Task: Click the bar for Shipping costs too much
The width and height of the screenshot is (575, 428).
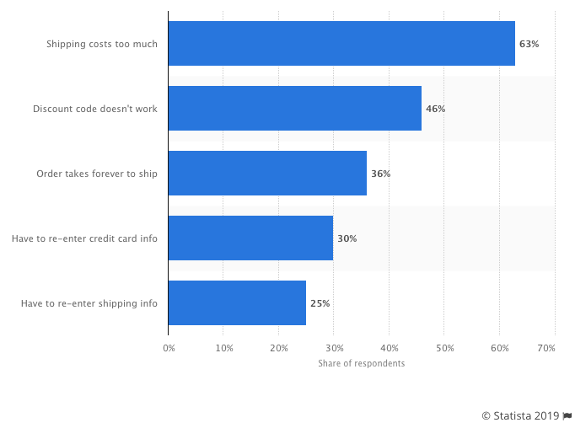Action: [x=341, y=44]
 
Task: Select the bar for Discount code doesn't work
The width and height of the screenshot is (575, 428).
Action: [x=294, y=109]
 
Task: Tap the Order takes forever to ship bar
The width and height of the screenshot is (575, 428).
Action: [x=267, y=174]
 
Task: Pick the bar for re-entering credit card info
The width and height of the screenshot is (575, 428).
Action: [x=250, y=238]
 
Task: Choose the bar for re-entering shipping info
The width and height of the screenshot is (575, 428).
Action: [x=237, y=303]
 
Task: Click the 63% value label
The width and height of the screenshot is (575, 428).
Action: [x=529, y=44]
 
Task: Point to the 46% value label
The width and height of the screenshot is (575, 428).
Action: [x=435, y=109]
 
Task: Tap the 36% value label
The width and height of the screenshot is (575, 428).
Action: [x=380, y=174]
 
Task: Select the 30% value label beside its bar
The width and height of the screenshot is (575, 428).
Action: [x=347, y=238]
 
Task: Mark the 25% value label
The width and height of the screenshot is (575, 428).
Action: [x=320, y=303]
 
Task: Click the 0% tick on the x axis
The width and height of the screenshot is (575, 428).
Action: [x=169, y=347]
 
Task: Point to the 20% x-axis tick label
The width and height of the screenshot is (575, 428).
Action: [x=278, y=347]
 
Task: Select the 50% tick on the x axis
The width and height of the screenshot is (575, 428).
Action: [x=444, y=347]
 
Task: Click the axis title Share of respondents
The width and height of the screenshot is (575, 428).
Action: [x=361, y=363]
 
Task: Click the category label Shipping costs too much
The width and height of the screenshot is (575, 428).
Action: [x=101, y=44]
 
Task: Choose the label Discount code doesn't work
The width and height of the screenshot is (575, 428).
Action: [x=94, y=109]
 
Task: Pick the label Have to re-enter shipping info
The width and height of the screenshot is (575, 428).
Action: [x=89, y=303]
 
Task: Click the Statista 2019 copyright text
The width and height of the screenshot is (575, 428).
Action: [x=519, y=415]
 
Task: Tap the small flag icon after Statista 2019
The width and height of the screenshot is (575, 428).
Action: [x=567, y=415]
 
